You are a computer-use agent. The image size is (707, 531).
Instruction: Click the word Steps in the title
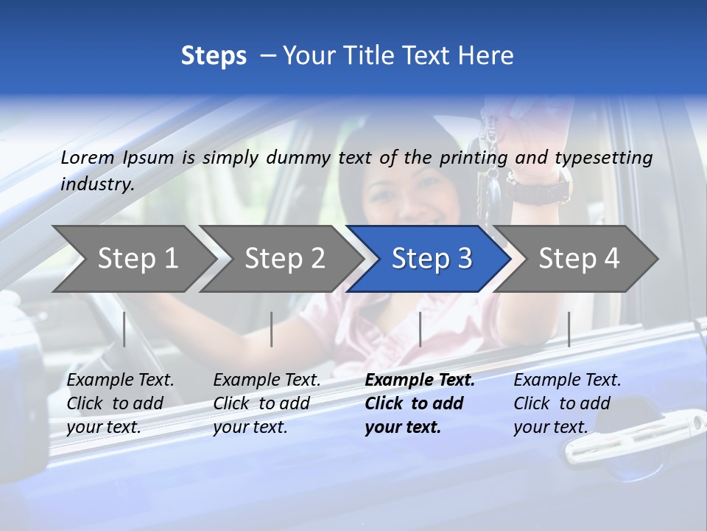tap(214, 56)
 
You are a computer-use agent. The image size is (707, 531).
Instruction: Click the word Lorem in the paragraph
tap(88, 157)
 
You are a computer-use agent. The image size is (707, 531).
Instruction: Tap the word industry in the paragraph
tap(97, 184)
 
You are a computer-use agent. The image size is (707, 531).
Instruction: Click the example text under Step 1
tap(120, 403)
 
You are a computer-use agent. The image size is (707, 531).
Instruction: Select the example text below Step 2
tap(267, 403)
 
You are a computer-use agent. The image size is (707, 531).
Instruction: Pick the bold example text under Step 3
tap(419, 403)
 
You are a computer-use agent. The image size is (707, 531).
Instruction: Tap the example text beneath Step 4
tap(567, 403)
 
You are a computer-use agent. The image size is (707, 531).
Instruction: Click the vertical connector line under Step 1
tap(124, 329)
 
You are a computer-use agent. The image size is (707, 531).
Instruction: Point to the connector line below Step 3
tap(420, 329)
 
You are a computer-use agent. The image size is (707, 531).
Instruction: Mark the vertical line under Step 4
tap(569, 329)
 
